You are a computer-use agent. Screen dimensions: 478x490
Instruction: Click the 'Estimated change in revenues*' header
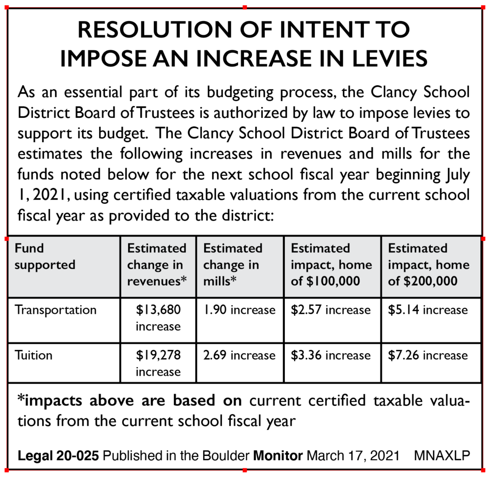click(x=157, y=265)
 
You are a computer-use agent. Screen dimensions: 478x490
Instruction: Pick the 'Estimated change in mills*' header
click(x=233, y=265)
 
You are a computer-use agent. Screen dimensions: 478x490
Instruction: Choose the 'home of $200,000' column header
click(x=429, y=265)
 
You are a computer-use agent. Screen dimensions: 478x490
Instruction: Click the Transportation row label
click(x=56, y=310)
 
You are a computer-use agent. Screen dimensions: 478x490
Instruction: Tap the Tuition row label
click(x=34, y=356)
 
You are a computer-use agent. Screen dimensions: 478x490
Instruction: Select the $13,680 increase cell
click(x=158, y=318)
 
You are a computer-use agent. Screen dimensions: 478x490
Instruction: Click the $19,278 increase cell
click(x=158, y=363)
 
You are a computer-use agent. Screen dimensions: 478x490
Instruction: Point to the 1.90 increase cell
click(x=239, y=310)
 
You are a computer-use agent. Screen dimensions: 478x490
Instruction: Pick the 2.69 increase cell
click(x=239, y=356)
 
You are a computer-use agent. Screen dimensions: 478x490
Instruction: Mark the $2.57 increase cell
click(x=331, y=310)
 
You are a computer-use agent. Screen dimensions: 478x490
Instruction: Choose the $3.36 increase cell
click(x=331, y=356)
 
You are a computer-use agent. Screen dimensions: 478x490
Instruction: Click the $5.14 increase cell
click(x=428, y=310)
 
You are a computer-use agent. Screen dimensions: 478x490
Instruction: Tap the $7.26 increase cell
click(x=428, y=356)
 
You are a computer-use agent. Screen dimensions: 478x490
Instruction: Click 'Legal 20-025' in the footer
click(x=58, y=456)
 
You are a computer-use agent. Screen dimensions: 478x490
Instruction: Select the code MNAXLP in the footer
click(x=442, y=456)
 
